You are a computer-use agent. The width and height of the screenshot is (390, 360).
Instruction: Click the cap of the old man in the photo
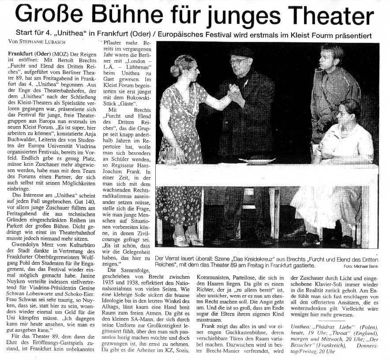pos(242,52)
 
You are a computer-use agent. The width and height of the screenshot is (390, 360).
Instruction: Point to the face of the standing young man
pos(330,57)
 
